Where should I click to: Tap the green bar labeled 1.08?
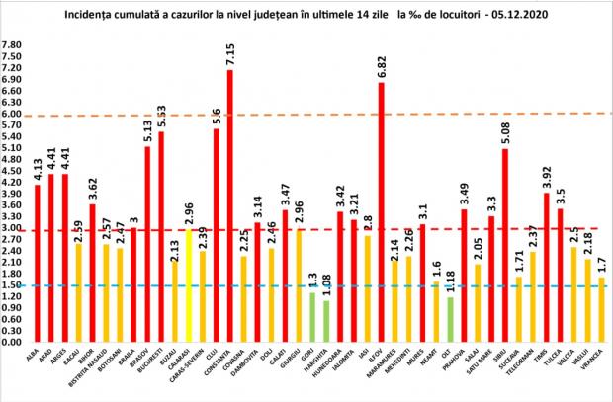coord(326,321)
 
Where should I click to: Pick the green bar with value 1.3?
coord(312,317)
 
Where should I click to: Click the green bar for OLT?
coord(450,319)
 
